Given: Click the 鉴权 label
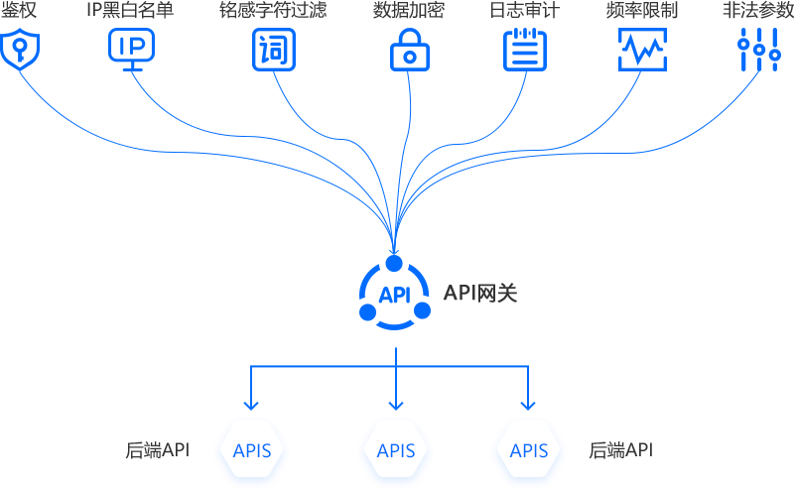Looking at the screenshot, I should click(x=19, y=12).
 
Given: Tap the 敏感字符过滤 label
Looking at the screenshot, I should click(x=273, y=12).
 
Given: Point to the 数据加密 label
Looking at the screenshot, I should click(x=409, y=12).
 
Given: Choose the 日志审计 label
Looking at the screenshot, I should click(x=526, y=12).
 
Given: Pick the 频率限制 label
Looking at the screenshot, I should click(x=641, y=12).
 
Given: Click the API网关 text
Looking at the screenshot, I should click(x=480, y=294).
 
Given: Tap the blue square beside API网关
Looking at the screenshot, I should click(x=395, y=294).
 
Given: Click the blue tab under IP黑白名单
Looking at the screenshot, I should click(x=131, y=48).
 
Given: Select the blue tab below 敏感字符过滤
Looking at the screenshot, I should click(x=274, y=48).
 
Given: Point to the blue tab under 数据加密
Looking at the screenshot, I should click(x=417, y=48).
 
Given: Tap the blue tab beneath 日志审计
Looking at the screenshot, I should click(x=532, y=48).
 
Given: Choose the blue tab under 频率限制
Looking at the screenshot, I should click(x=642, y=48).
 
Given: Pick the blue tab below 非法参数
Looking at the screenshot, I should click(x=760, y=48).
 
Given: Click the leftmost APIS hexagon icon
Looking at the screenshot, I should click(x=252, y=450).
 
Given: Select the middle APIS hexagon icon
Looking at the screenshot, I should click(x=396, y=450).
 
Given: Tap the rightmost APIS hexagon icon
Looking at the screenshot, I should click(x=529, y=450).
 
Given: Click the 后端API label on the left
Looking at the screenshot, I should click(x=158, y=450).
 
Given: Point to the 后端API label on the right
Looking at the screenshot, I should click(x=620, y=450).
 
